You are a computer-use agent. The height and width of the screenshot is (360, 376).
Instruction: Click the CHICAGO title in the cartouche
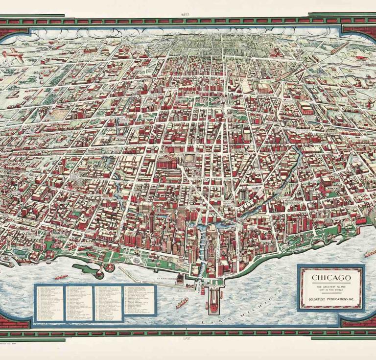click(331, 278)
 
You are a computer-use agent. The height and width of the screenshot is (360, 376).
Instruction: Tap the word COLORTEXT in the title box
click(316, 300)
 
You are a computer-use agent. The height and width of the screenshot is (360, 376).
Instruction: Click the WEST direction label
click(185, 15)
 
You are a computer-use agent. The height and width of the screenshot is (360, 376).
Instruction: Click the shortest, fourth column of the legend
click(139, 299)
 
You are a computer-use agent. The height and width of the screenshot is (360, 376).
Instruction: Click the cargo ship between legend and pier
click(182, 303)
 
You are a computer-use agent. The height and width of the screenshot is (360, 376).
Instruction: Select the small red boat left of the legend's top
click(61, 277)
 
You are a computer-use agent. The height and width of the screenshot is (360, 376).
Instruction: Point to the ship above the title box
click(370, 253)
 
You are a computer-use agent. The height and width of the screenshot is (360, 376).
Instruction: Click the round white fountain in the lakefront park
click(109, 268)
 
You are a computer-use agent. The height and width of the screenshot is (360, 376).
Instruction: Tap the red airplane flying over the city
click(12, 55)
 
